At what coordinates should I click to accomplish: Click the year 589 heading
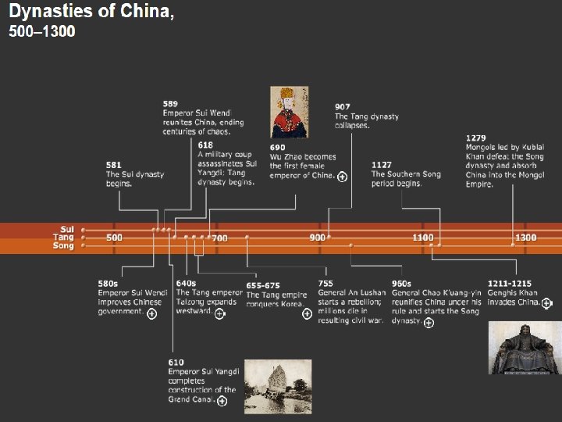[x=170, y=103]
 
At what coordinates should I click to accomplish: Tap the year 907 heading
[x=343, y=106]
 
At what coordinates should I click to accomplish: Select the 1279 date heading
[x=476, y=138]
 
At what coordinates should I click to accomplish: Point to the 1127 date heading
[x=382, y=165]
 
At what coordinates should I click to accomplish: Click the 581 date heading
[x=113, y=165]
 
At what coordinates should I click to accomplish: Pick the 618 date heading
[x=205, y=145]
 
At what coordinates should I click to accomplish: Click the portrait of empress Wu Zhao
[x=289, y=113]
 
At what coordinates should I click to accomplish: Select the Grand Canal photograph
[x=277, y=386]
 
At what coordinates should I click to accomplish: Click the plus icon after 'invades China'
[x=546, y=303]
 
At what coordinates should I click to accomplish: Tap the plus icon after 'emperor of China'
[x=342, y=177]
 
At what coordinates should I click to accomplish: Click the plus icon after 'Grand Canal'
[x=222, y=401]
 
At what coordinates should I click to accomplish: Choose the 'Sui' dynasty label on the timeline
[x=67, y=229]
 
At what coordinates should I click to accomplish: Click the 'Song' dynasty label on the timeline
[x=64, y=246]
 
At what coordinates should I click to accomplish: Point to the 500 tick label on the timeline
[x=114, y=238]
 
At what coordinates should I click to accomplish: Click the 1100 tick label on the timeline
[x=422, y=238]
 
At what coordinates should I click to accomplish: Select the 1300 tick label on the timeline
[x=525, y=238]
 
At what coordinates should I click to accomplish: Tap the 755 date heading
[x=325, y=284]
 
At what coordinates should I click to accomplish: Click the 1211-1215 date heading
[x=509, y=284]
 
